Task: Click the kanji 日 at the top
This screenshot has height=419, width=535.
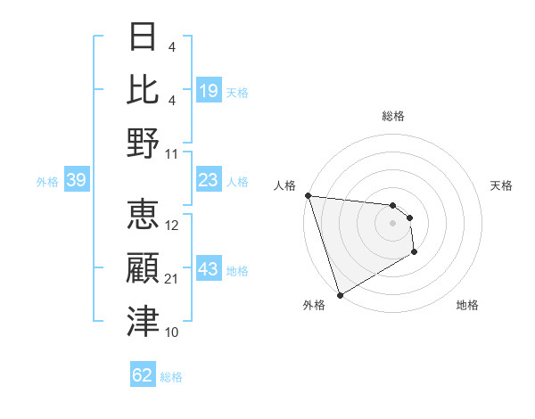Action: coord(143,37)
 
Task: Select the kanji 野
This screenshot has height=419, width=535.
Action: coord(143,144)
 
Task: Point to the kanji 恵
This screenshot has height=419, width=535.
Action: coord(143,215)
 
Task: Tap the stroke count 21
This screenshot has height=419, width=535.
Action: coord(173,280)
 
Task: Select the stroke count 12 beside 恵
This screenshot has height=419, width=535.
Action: coord(173,226)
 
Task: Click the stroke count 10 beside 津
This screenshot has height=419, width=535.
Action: coord(173,333)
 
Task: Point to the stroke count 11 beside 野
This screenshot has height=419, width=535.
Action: coord(173,154)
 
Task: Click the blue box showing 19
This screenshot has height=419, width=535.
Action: coord(208,91)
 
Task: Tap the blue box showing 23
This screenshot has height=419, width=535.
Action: coord(208,180)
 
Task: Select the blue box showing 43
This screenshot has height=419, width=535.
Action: coord(208,269)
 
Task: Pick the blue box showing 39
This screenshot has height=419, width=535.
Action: coord(76,181)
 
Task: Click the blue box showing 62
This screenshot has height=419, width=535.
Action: coord(143,375)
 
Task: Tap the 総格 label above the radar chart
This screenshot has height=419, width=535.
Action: coord(393,116)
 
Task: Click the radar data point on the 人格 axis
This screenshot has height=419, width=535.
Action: coord(308,195)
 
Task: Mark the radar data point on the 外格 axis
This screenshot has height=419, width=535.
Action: coord(340,295)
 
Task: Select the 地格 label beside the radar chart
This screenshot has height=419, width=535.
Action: coord(467,305)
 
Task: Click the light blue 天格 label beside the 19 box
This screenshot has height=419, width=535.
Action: coord(237,92)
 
